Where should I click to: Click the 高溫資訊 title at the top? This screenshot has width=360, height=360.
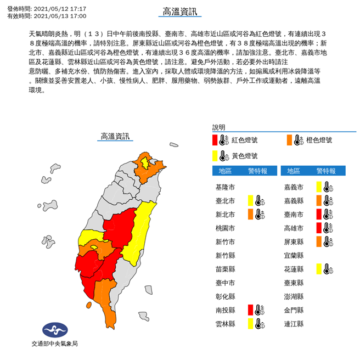[179, 12]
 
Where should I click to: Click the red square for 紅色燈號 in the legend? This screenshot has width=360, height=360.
[216, 140]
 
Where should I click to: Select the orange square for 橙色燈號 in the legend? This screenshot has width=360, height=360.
[289, 140]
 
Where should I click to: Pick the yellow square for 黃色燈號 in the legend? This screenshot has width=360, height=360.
[216, 156]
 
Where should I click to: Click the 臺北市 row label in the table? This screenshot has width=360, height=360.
[226, 200]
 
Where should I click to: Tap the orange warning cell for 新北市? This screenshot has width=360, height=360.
[250, 214]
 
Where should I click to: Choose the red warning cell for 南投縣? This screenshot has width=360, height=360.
[250, 310]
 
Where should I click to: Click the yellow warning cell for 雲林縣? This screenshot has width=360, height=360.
[250, 324]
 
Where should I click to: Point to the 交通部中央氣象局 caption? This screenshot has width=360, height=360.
[54, 345]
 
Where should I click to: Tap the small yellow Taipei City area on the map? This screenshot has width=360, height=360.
[144, 162]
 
